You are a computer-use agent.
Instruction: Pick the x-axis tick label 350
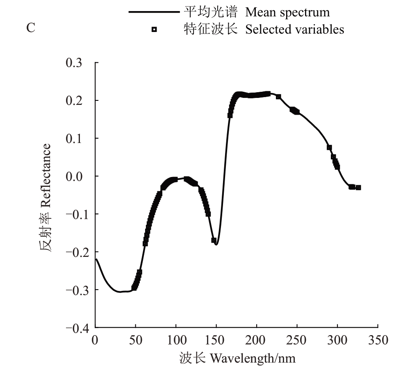tap(378, 340)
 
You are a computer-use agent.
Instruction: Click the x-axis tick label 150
tap(216, 340)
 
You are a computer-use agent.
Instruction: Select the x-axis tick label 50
tap(135, 340)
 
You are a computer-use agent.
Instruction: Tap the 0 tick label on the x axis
tap(96, 340)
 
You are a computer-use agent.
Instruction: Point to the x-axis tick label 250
tap(297, 340)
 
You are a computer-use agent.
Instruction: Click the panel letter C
tap(30, 29)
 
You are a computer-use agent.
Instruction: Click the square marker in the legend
tap(154, 29)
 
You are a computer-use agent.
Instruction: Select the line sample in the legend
tap(154, 12)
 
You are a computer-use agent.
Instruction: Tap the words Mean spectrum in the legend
tap(287, 12)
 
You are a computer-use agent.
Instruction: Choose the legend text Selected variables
tap(295, 29)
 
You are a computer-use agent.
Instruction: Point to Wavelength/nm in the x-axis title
tap(253, 358)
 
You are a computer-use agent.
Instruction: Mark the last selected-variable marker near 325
tap(358, 188)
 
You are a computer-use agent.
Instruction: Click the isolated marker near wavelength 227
tap(278, 97)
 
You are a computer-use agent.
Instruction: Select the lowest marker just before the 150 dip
tap(214, 240)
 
